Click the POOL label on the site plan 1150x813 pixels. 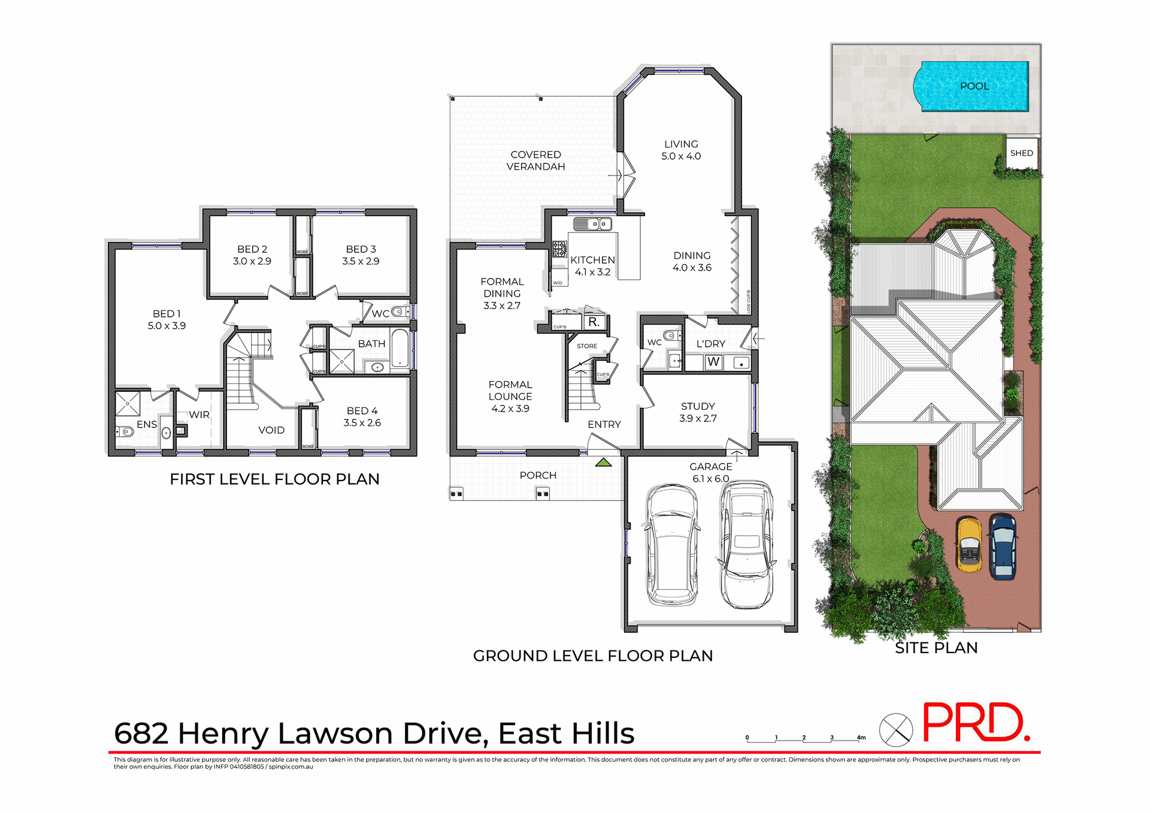(x=975, y=86)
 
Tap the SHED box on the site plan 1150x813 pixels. (x=1021, y=153)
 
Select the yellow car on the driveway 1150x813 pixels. (x=969, y=545)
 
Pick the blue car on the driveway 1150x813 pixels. (x=1003, y=546)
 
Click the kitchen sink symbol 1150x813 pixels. (x=592, y=224)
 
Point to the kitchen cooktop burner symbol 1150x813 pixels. (x=559, y=249)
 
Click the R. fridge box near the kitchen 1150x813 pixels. (x=594, y=322)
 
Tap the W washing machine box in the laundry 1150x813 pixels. (x=713, y=362)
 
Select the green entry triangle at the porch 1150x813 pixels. (x=603, y=463)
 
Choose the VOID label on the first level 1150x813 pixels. (x=271, y=430)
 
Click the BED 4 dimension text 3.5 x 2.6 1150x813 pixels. (x=362, y=423)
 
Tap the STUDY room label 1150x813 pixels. (x=698, y=406)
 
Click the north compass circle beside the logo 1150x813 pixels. (x=895, y=730)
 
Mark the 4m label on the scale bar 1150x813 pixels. (x=861, y=738)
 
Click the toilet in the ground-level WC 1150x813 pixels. (x=671, y=336)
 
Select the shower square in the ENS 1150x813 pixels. (x=128, y=404)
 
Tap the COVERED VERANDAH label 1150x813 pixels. (x=535, y=161)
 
